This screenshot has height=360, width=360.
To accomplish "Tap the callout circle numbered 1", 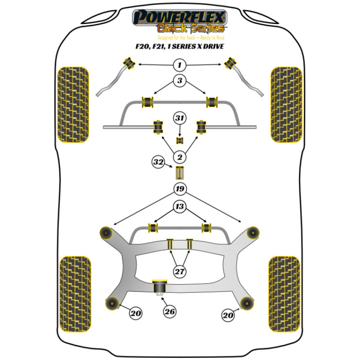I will point(180,65).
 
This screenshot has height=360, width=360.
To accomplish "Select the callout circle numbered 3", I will point(180,81).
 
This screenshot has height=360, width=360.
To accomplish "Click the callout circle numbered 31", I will point(180,118).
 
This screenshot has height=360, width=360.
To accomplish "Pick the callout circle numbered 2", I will point(180,157).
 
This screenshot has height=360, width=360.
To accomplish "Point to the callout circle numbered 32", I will point(158,162).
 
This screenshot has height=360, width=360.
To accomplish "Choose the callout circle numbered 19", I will point(180,188).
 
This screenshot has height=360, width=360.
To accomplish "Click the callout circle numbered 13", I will point(180,206).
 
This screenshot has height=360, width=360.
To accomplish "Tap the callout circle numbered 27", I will point(180,271).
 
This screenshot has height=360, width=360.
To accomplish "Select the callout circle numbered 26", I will point(170,312).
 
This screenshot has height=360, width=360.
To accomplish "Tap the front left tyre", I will point(73,104).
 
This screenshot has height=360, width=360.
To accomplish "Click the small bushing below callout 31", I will point(180,140).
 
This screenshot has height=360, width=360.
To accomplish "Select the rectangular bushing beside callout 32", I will point(180,173).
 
